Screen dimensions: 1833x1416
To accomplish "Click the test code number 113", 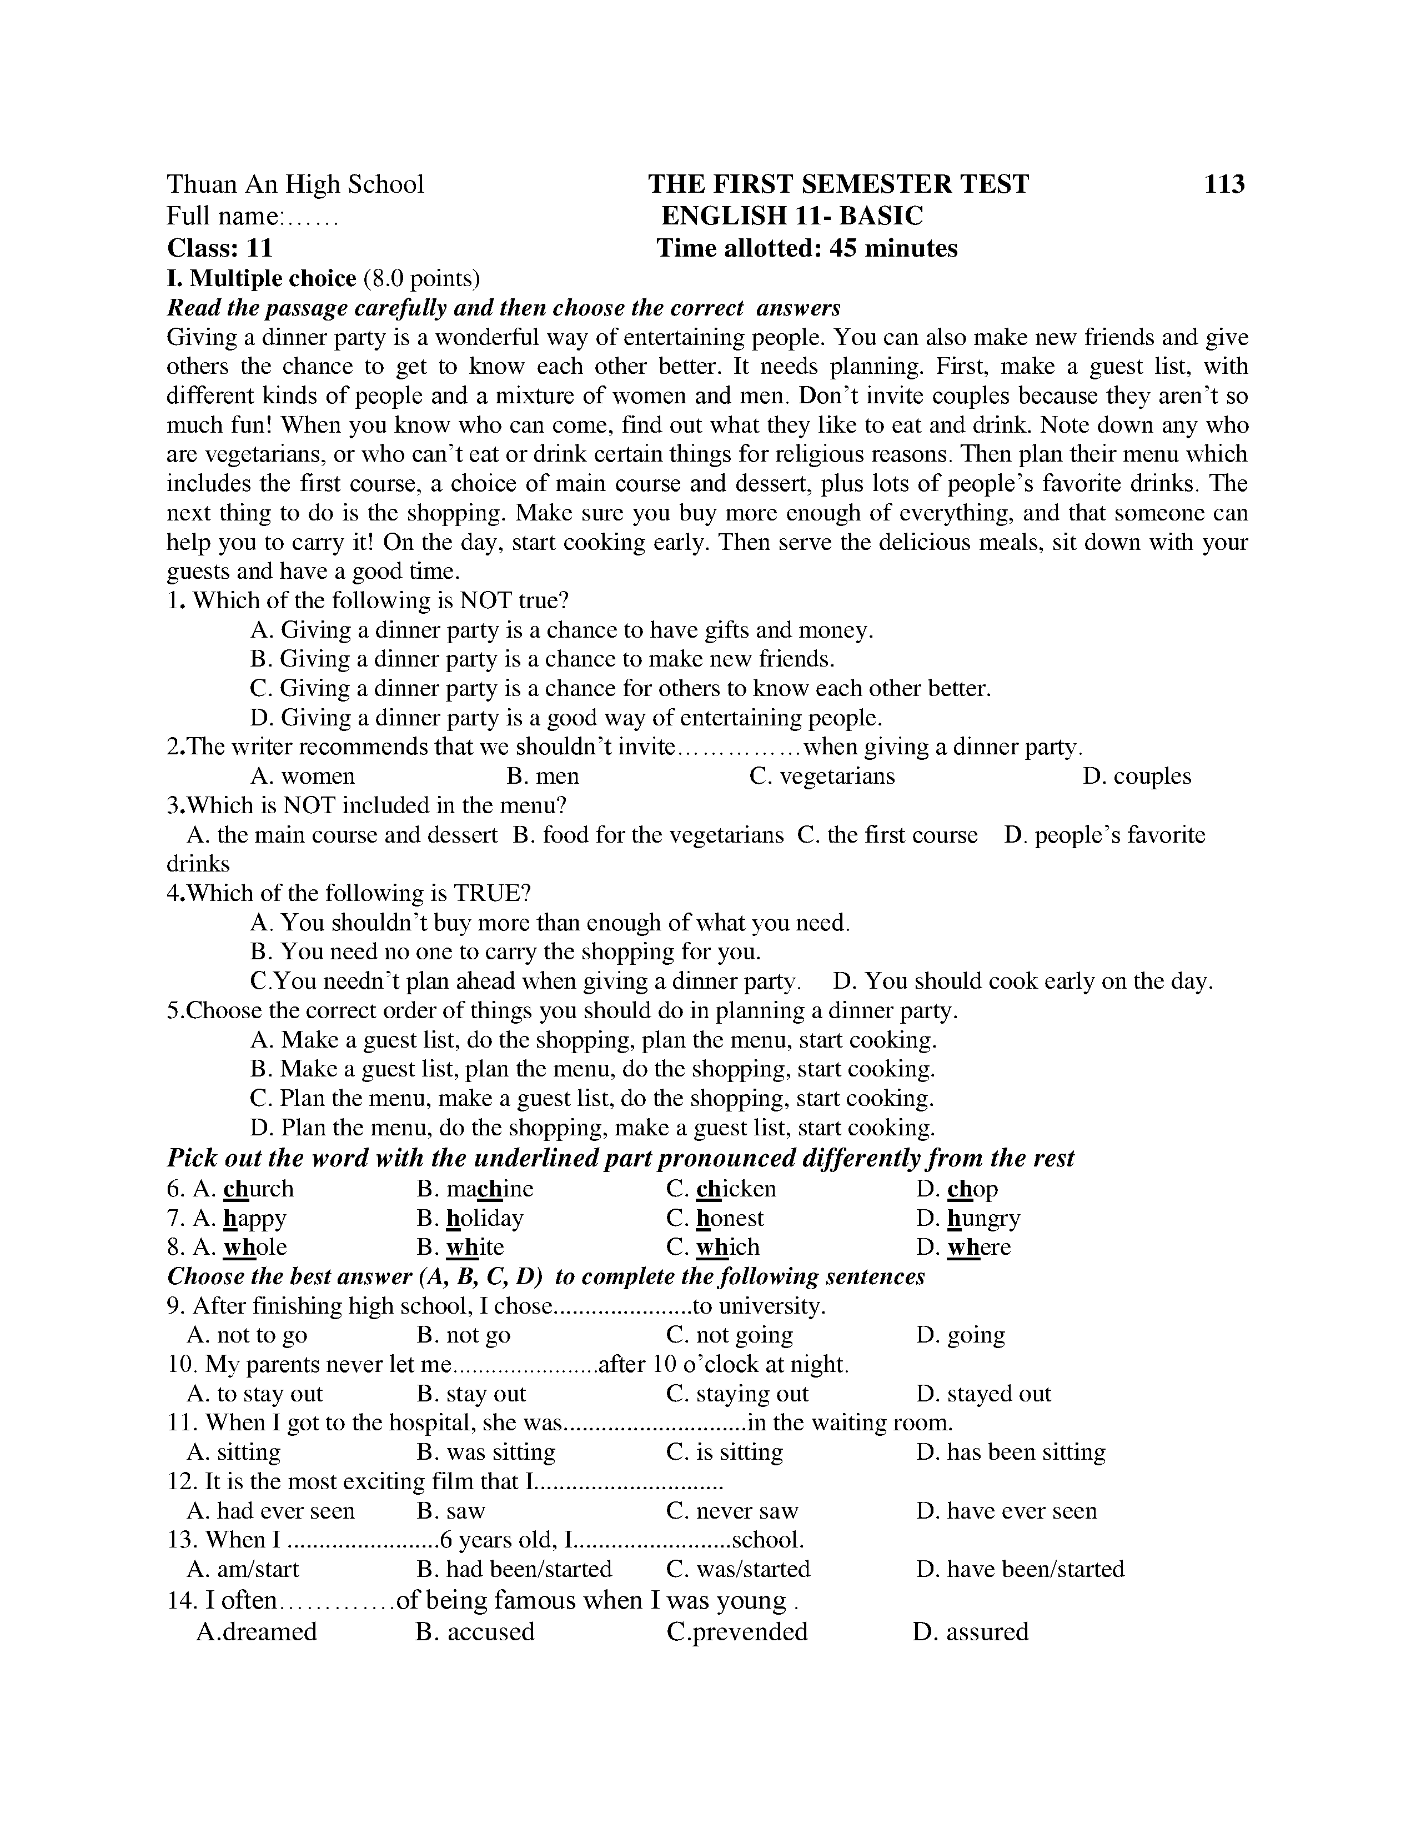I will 1224,184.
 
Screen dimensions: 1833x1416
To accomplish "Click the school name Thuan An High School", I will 295,184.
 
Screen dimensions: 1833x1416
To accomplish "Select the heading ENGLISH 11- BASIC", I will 791,216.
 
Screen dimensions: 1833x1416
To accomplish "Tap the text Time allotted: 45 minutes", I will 806,248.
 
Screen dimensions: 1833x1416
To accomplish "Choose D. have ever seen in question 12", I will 1007,1511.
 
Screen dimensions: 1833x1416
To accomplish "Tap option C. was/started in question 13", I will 738,1570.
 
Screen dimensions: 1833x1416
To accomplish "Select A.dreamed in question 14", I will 257,1632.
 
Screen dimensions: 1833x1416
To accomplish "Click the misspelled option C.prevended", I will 737,1632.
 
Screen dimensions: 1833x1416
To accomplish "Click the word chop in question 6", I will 972,1189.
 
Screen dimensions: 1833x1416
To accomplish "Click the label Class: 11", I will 220,248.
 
